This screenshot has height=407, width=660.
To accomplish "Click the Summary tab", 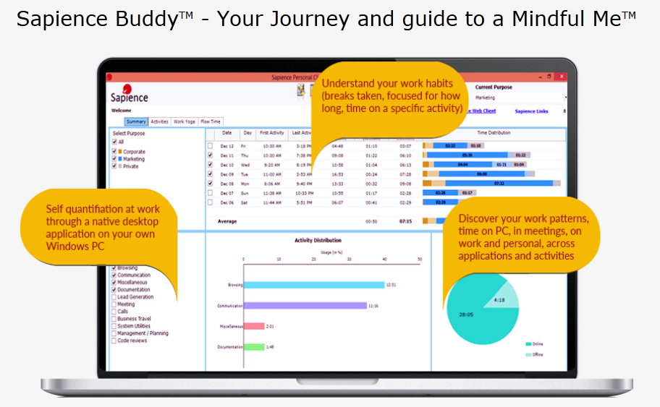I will [x=136, y=121].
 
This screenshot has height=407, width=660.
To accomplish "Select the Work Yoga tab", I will [x=184, y=121].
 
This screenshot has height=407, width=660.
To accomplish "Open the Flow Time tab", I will [x=211, y=121].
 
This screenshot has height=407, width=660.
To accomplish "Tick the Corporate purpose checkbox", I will [x=114, y=151].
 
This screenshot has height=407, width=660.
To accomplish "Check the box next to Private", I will [x=114, y=166].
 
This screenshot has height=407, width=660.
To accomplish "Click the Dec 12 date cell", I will [x=227, y=145].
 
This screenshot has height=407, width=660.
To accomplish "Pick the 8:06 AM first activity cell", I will [x=271, y=183].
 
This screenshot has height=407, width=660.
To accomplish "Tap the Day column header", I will [x=247, y=133].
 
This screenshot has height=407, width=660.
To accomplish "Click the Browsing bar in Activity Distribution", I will [x=314, y=284].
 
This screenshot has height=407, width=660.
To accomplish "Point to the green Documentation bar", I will [x=254, y=347].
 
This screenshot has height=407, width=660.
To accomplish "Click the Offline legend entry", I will [x=537, y=354].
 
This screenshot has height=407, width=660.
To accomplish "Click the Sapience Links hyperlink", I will [x=531, y=111].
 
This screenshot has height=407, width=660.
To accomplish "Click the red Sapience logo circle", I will [x=127, y=89].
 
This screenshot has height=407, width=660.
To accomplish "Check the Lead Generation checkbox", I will [x=114, y=297].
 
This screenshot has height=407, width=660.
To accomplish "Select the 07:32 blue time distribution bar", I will [x=499, y=183].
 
